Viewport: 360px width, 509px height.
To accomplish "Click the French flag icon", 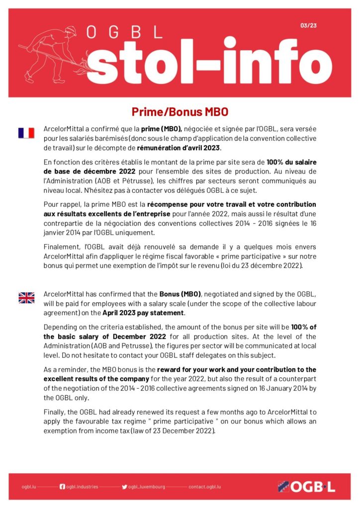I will pos(26,133).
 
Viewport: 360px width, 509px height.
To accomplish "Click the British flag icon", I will pos(26,298).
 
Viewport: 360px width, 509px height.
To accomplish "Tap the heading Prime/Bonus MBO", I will pos(180,111).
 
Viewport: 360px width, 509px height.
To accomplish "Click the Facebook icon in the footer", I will pos(62,487).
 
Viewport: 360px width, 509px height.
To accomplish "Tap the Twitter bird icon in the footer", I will pos(124,487).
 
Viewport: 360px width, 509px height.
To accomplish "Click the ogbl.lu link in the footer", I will pos(29,487).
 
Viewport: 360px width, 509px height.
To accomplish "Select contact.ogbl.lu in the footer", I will pos(204,487).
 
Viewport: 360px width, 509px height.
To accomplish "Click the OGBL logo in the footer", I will pos(307,487).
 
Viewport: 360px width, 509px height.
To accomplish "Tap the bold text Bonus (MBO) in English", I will pos(180,294).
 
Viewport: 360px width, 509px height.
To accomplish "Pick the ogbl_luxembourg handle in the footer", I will pos(147,487).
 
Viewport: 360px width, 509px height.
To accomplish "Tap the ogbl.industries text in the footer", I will pos(82,487).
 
